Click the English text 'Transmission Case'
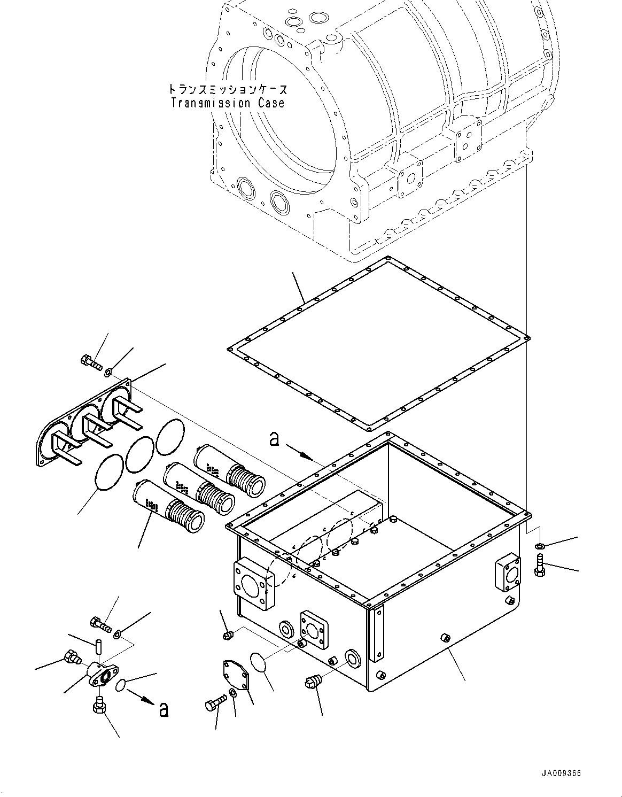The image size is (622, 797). point(228,103)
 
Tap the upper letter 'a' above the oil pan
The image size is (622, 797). point(274,439)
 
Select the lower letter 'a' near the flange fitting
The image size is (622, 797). point(164,709)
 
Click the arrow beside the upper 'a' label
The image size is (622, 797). point(300,453)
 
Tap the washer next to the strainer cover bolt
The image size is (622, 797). point(109,370)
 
